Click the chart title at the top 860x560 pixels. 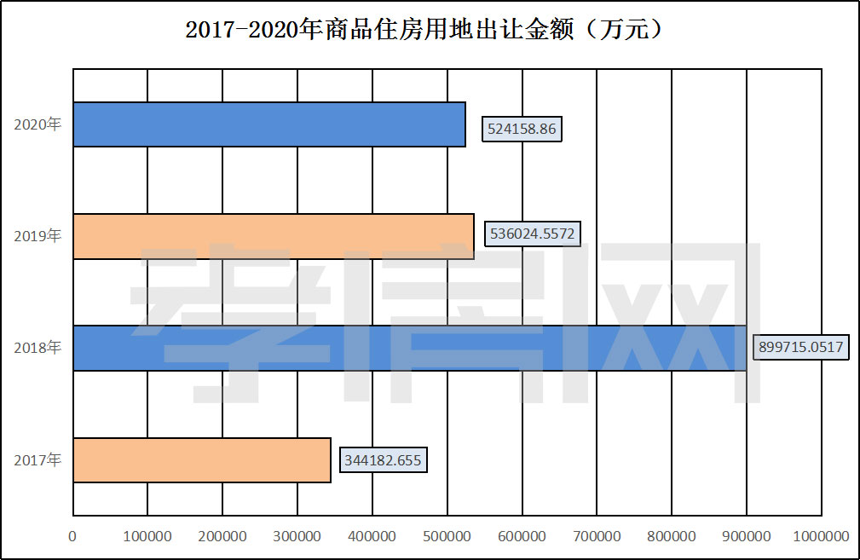coord(424,30)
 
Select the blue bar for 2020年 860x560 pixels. coord(268,124)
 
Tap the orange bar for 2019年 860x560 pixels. coord(273,236)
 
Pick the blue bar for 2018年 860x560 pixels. coord(409,348)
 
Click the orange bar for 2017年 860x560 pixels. coord(201,460)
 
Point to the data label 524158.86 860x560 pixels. coord(522,130)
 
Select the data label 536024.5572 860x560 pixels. coord(532,234)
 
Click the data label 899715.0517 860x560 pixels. coord(803,348)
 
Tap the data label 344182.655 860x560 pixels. coord(383,460)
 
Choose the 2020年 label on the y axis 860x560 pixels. coord(38,124)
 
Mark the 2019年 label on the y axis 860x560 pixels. coord(38,236)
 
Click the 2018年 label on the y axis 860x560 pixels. coord(38,348)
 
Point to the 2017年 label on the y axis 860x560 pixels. coord(38,460)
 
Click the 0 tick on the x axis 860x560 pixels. coord(73,536)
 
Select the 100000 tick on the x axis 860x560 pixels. coord(147,536)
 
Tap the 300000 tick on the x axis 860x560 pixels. coord(297,536)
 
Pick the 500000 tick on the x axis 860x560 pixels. coord(447,536)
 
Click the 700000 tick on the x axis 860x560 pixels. coord(597,536)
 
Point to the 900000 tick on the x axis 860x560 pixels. coord(747,536)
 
